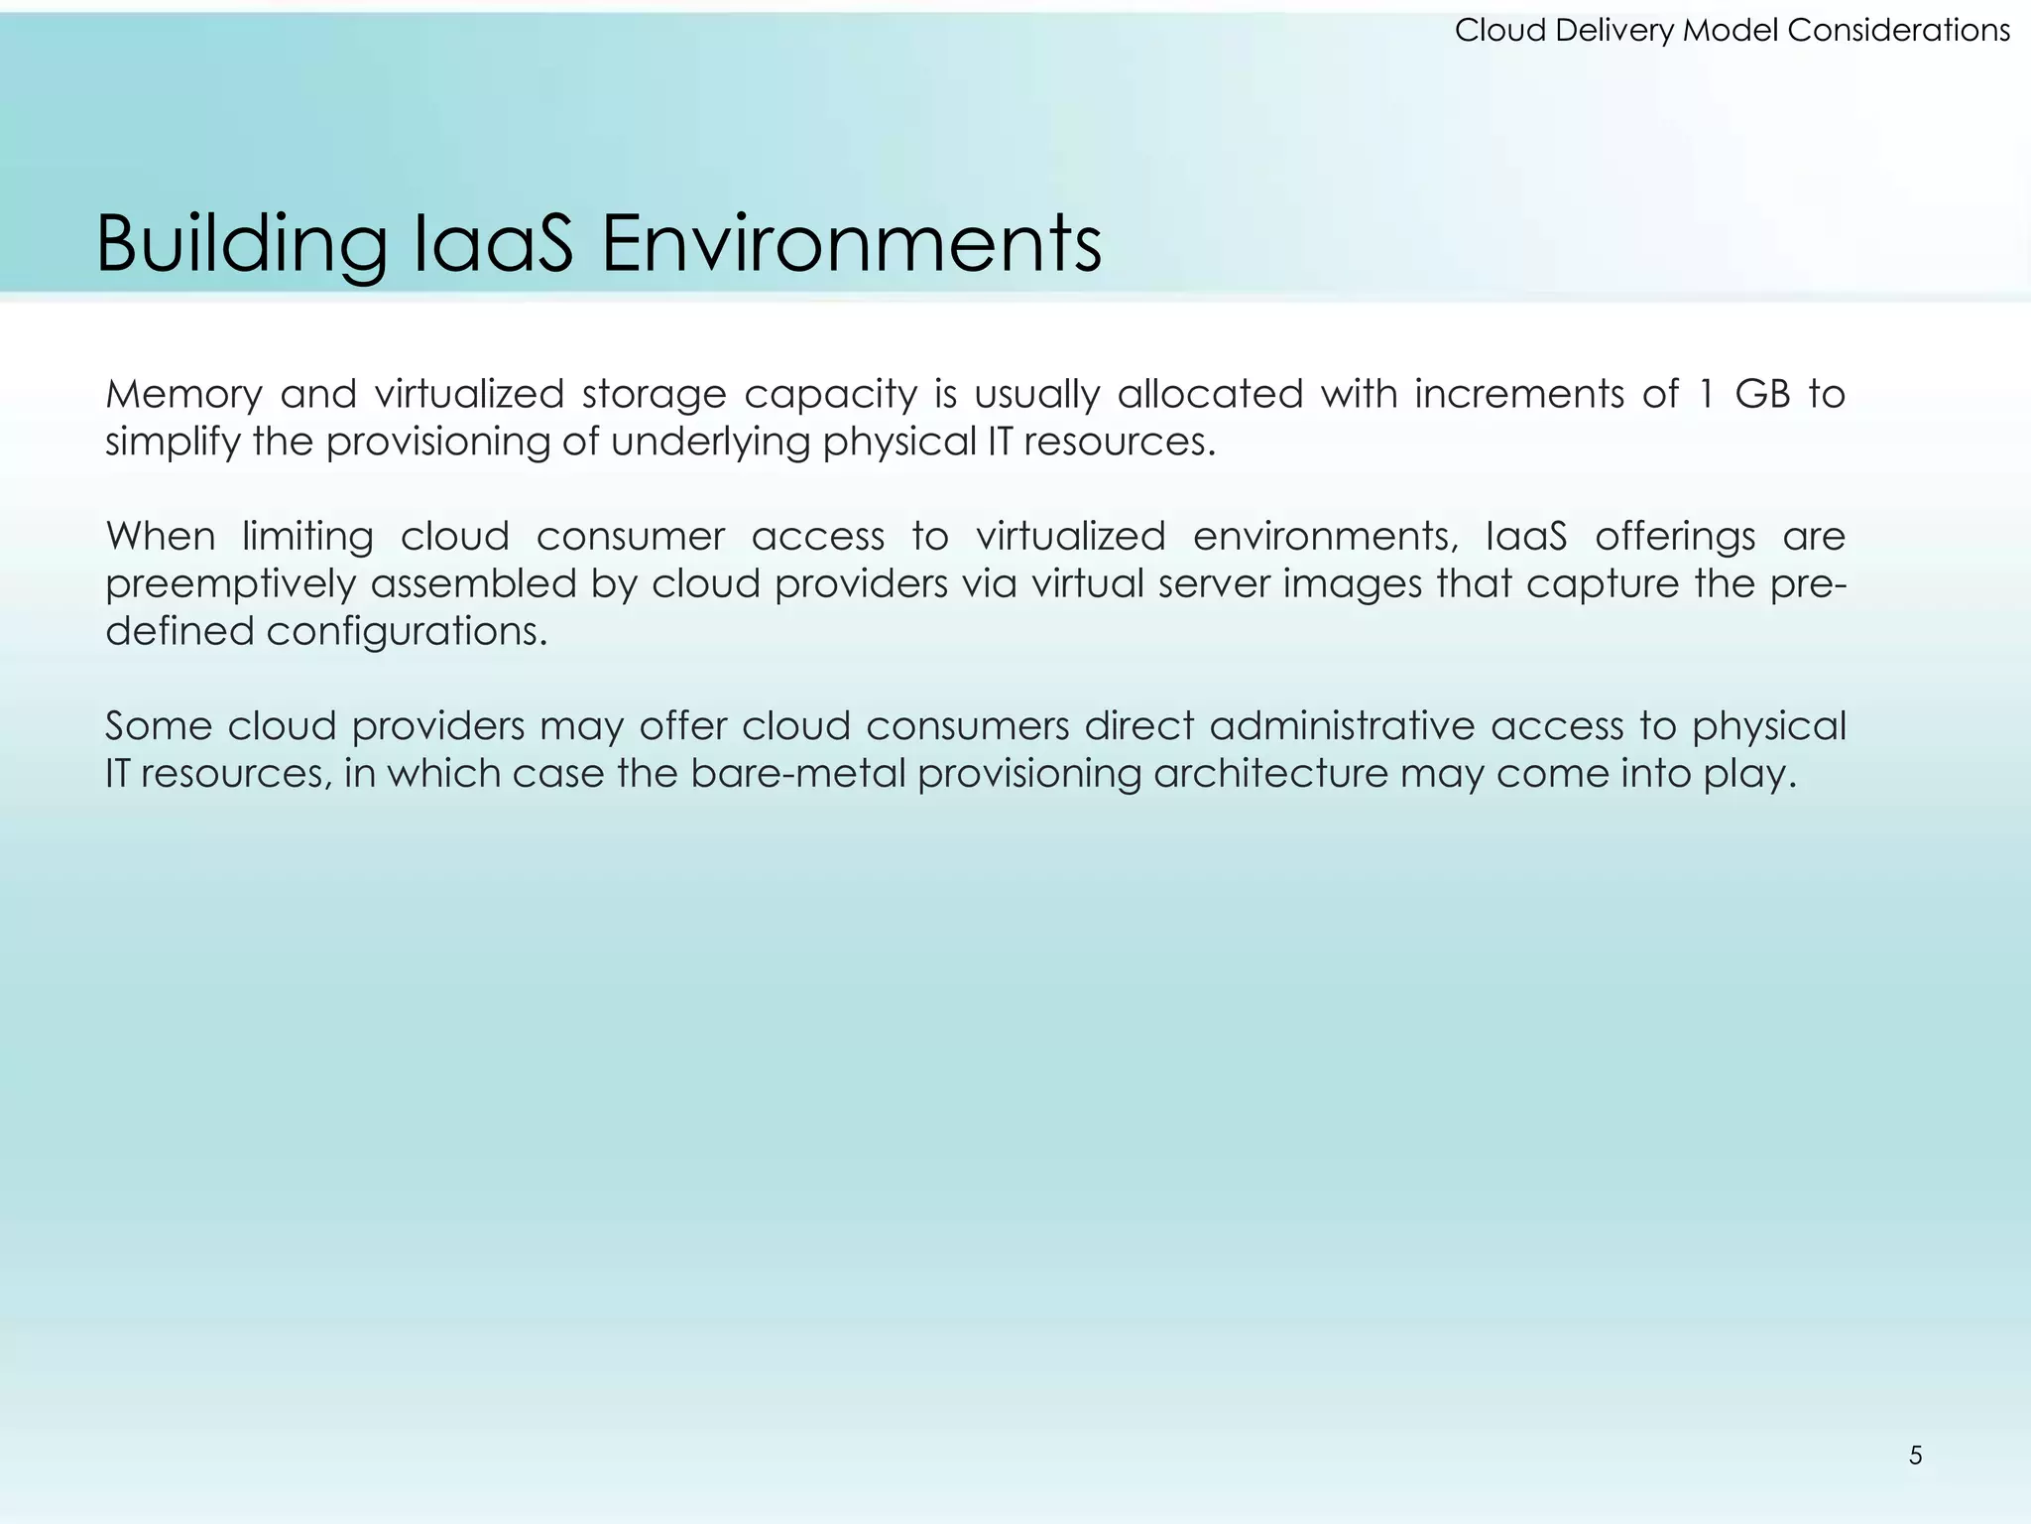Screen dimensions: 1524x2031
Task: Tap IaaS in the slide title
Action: pos(491,244)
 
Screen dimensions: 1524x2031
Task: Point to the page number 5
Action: pos(1915,1456)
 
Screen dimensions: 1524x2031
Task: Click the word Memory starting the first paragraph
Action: pos(183,395)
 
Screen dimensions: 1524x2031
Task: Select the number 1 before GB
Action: pos(1706,395)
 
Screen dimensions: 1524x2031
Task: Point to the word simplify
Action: pos(173,443)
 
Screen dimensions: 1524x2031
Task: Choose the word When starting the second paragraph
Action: pos(161,537)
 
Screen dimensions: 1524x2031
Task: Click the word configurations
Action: pos(407,632)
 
